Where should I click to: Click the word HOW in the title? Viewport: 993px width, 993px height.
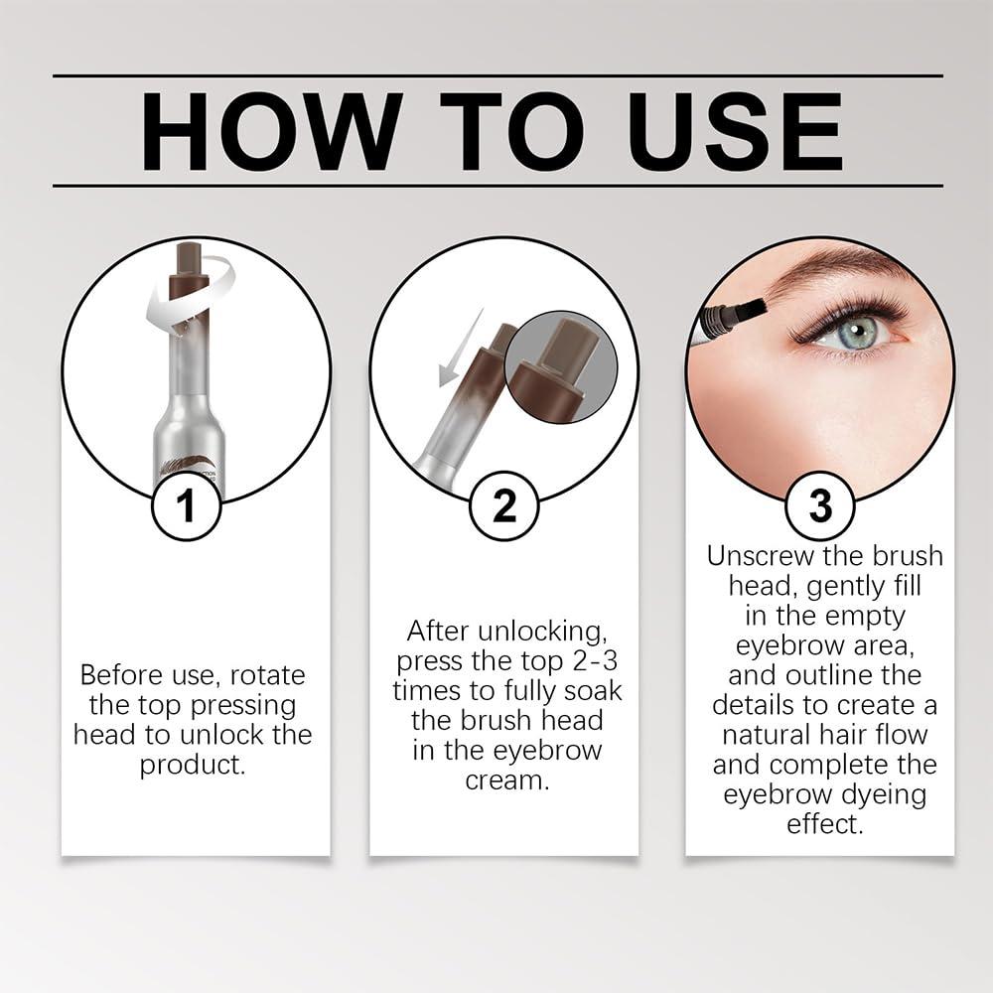271,130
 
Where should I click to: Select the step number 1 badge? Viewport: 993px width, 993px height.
186,505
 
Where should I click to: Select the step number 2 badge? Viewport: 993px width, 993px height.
504,505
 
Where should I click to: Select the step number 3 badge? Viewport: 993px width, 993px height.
819,505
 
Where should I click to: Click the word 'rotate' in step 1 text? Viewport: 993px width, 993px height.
268,675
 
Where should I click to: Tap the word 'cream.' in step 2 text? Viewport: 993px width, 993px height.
506,780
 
